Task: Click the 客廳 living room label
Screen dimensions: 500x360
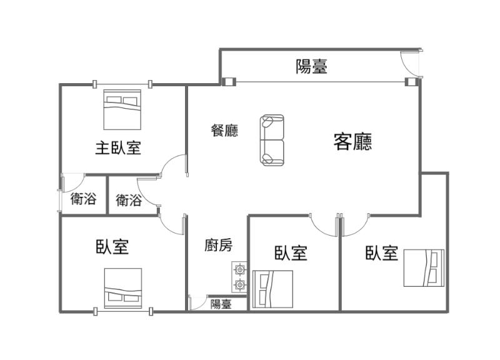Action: [x=352, y=142]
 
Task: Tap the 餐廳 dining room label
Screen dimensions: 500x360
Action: [x=224, y=131]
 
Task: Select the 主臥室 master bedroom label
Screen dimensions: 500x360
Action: [x=118, y=148]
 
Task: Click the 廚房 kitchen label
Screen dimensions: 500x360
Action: [x=218, y=245]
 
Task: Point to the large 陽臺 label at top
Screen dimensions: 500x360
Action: [x=311, y=67]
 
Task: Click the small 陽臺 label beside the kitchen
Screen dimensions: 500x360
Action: [x=221, y=304]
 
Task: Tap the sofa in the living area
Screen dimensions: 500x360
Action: [x=272, y=140]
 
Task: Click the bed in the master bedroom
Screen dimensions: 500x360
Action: [x=122, y=110]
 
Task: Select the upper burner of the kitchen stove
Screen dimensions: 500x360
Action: [x=239, y=270]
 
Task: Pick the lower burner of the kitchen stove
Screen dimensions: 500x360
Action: [x=239, y=284]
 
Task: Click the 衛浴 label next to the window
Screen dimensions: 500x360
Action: [x=83, y=199]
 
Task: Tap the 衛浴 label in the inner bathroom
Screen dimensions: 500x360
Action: [x=129, y=201]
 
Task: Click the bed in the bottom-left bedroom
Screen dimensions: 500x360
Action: [x=123, y=288]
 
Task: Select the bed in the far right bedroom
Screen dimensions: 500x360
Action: [x=424, y=268]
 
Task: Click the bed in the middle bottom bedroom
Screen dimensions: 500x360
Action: [x=272, y=289]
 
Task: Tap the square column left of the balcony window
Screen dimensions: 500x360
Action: [x=228, y=82]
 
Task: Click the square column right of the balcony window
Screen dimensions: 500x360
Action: [x=411, y=82]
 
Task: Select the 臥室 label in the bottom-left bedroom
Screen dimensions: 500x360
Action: [x=112, y=246]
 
